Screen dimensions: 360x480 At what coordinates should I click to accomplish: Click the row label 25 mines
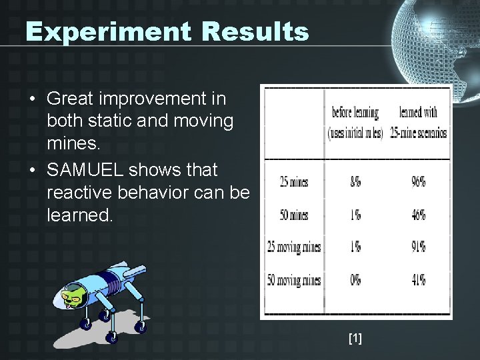pos(293,181)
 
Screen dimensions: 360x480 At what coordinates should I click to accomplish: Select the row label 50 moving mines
pos(293,280)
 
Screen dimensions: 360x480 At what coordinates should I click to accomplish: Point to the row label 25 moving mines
pos(293,247)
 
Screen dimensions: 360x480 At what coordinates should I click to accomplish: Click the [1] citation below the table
pos(355,339)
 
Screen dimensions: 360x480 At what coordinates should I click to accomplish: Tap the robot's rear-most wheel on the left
pos(85,325)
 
